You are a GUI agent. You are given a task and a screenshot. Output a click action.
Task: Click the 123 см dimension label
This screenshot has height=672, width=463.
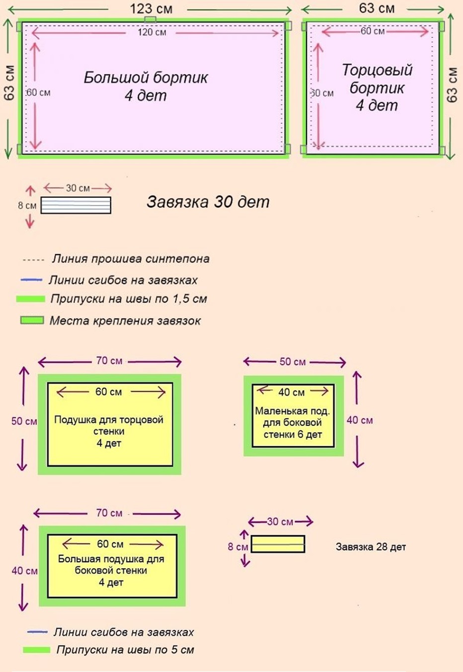[151, 8]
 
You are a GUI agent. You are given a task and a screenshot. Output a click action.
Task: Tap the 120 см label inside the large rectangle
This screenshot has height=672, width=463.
[152, 32]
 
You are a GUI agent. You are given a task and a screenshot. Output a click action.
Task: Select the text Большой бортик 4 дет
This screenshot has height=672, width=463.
[146, 86]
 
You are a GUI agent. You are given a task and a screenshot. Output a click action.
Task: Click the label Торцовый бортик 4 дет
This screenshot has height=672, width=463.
[377, 87]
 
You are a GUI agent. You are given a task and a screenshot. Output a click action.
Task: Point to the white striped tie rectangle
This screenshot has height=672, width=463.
[76, 205]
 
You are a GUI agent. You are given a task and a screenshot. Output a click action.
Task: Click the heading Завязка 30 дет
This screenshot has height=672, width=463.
[208, 202]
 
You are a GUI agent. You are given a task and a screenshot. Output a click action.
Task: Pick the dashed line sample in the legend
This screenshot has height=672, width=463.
[33, 259]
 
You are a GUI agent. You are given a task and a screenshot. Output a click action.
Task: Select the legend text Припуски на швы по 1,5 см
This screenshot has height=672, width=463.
[129, 299]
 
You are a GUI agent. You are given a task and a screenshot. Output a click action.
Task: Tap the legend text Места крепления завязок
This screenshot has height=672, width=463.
[125, 321]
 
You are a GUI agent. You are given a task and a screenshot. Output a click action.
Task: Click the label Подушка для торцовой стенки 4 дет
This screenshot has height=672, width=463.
[109, 431]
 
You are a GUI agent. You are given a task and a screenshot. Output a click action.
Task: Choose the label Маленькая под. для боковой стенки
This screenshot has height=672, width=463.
[293, 422]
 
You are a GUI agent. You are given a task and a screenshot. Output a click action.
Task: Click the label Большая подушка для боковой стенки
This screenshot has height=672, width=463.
[111, 570]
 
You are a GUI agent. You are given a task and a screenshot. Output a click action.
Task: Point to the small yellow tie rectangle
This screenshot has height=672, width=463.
[278, 544]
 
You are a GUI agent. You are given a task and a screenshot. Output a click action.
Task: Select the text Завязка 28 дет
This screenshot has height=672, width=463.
[371, 547]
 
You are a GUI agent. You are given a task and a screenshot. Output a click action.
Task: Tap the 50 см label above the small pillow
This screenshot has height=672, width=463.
[292, 362]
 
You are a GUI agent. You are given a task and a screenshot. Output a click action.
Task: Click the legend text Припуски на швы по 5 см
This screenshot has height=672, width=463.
[125, 650]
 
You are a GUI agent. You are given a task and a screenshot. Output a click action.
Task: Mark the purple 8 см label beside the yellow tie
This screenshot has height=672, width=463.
[237, 547]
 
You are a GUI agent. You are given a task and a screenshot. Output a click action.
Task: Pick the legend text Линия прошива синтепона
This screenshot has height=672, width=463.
[131, 259]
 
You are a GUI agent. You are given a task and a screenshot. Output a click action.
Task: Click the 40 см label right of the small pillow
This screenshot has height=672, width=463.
[360, 420]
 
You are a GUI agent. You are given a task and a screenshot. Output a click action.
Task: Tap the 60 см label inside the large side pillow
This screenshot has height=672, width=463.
[110, 544]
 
